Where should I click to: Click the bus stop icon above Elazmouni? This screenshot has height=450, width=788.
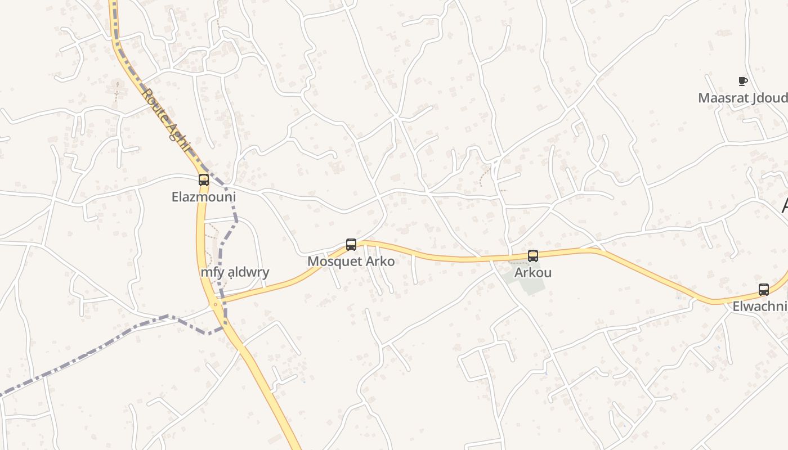tap(204, 180)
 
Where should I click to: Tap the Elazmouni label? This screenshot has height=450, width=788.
tap(204, 197)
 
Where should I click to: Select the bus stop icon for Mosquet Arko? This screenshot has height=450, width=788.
tap(351, 245)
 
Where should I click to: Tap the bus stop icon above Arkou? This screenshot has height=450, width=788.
tap(533, 256)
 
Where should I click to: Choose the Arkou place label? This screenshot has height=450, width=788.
tap(533, 273)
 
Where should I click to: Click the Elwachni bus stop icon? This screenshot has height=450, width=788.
tap(764, 290)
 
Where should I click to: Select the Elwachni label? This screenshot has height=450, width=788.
tap(759, 307)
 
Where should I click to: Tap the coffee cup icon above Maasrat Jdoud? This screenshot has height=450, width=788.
tap(743, 81)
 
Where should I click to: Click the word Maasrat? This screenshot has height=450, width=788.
tap(722, 98)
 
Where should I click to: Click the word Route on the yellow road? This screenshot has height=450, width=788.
tap(156, 107)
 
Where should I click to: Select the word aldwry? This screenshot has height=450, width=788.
tap(247, 272)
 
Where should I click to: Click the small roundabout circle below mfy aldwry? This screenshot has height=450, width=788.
tap(215, 304)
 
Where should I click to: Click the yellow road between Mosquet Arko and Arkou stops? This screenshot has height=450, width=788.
tap(445, 258)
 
